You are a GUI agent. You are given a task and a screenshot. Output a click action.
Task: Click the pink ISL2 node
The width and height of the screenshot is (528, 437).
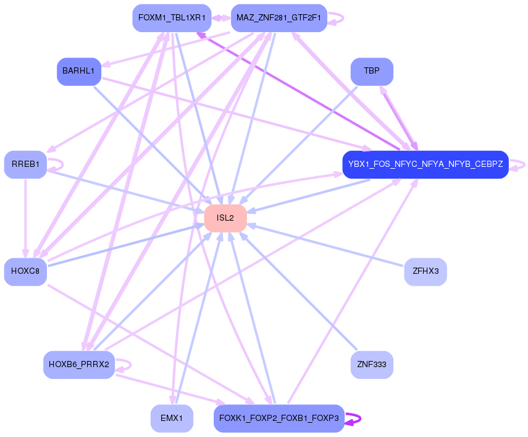point(225,218)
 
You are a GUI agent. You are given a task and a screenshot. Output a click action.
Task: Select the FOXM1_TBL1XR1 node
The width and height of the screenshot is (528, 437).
point(172,18)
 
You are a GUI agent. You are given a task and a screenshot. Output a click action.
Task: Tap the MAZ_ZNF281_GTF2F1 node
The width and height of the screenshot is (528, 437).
point(279,18)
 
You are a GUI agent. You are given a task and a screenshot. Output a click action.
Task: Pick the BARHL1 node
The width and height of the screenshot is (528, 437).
point(78,72)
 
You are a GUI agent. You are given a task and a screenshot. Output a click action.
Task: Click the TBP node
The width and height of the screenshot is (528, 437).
point(372,72)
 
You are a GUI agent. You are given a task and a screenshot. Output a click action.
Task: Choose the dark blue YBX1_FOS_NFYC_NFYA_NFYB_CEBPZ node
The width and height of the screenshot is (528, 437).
point(425,165)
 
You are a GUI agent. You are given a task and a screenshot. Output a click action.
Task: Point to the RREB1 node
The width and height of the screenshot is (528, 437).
point(25,164)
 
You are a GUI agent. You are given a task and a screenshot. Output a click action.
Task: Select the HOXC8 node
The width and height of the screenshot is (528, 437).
point(25,272)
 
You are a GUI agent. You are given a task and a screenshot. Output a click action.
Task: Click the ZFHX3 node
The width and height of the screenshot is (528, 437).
point(425,272)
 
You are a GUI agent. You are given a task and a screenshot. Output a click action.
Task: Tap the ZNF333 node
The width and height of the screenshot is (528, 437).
point(372,365)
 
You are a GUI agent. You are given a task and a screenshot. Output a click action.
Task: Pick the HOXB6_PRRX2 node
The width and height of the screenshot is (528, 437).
point(78,365)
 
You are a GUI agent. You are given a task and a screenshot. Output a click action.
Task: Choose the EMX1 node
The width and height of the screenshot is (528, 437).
point(172,418)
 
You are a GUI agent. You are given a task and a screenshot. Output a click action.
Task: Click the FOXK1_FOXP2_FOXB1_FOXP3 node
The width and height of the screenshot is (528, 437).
point(279,418)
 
